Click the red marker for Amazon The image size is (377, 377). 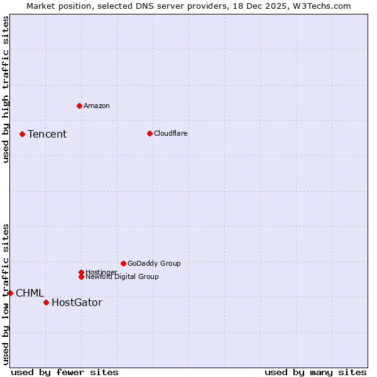[79, 106]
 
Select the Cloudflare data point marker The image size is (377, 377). [150, 133]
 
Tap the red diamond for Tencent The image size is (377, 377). [22, 134]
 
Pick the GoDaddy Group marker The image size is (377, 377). [123, 263]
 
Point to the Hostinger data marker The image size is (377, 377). [81, 272]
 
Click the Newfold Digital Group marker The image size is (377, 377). [81, 276]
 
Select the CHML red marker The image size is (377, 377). [10, 293]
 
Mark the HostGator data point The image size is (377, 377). [46, 302]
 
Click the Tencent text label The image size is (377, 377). [47, 134]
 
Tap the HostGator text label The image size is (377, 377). [77, 303]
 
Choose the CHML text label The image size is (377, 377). [30, 293]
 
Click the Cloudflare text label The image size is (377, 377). [170, 133]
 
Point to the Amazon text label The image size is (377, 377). [96, 106]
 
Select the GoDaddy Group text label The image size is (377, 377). [154, 263]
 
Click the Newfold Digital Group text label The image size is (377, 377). [122, 277]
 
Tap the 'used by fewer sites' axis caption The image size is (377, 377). [65, 372]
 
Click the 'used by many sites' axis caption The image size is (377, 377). [315, 372]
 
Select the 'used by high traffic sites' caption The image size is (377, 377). [6, 89]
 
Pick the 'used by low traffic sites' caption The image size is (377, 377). [6, 293]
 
